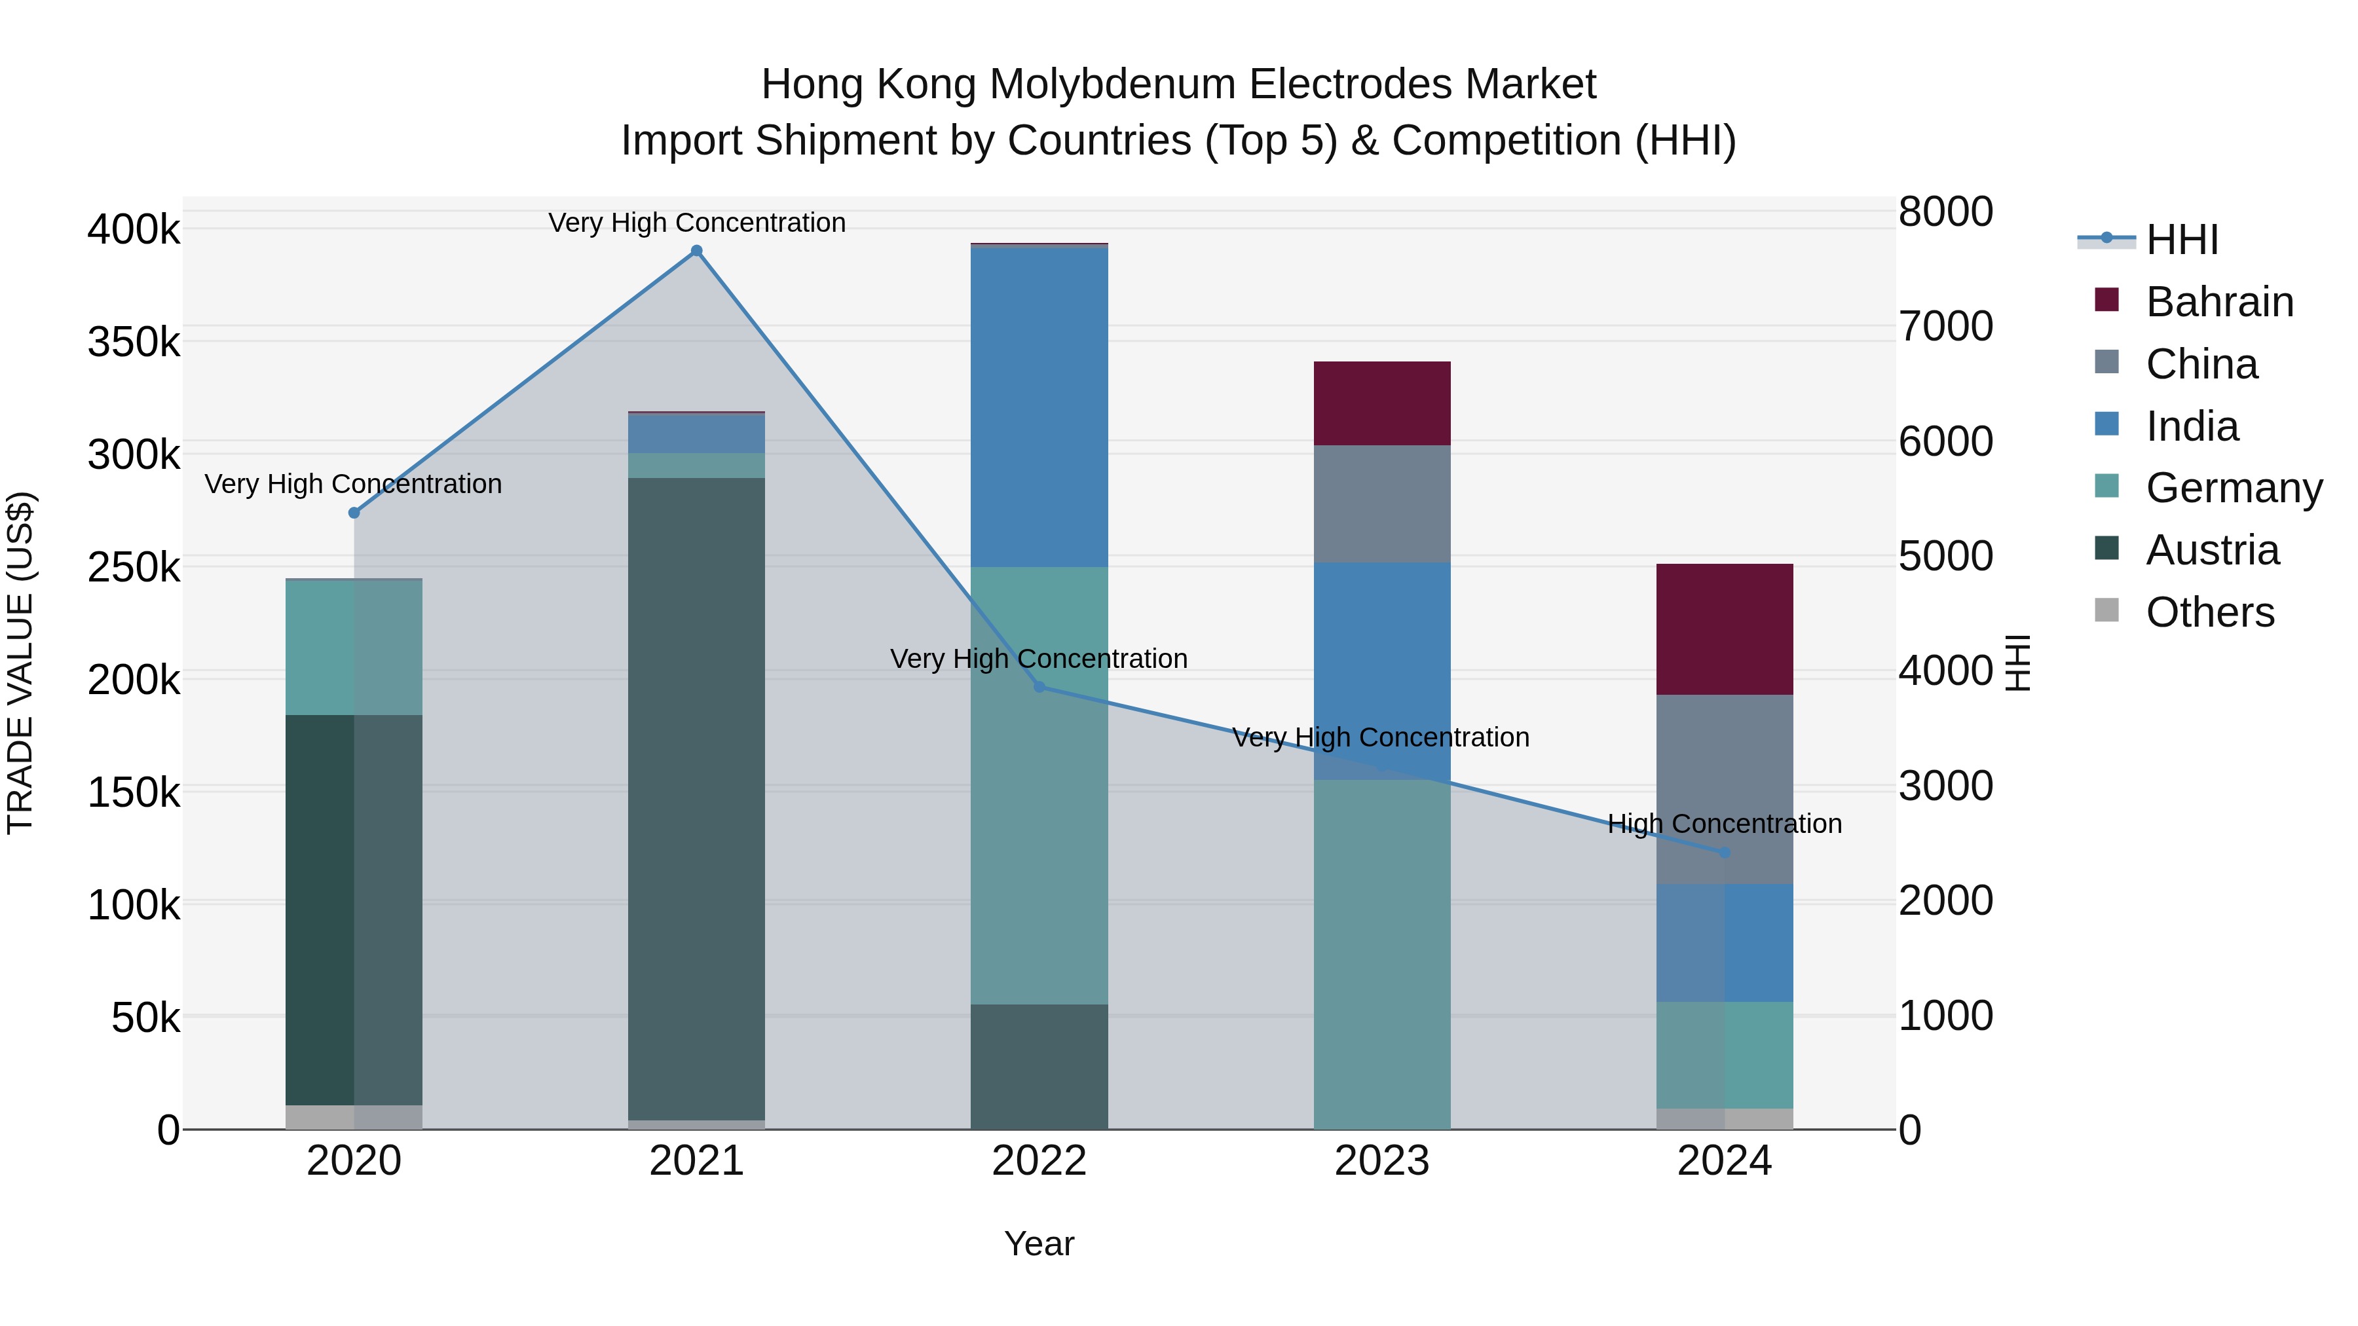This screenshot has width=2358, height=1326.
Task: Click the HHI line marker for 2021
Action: point(697,251)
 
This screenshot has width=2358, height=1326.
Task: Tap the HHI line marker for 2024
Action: point(1725,853)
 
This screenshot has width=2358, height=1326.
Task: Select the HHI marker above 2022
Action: point(1039,686)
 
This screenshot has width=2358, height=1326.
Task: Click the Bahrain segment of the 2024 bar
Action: point(1725,629)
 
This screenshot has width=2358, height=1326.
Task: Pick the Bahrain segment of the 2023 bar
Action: point(1382,403)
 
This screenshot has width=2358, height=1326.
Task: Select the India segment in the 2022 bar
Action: point(1039,407)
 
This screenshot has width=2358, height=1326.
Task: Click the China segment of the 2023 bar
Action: point(1382,504)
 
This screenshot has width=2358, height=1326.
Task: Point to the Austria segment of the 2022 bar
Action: point(1039,1066)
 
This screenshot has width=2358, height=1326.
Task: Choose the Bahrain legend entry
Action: point(2219,302)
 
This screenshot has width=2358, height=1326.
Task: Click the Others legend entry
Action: point(2210,612)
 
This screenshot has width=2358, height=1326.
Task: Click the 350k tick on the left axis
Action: point(134,342)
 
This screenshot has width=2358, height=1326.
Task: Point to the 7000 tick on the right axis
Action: point(1945,327)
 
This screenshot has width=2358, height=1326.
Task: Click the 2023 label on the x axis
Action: point(1382,1161)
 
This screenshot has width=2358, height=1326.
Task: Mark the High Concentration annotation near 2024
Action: point(1725,824)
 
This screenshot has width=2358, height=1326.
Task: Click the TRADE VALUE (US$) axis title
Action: point(20,663)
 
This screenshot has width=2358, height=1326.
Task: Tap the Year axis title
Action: point(1039,1243)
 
